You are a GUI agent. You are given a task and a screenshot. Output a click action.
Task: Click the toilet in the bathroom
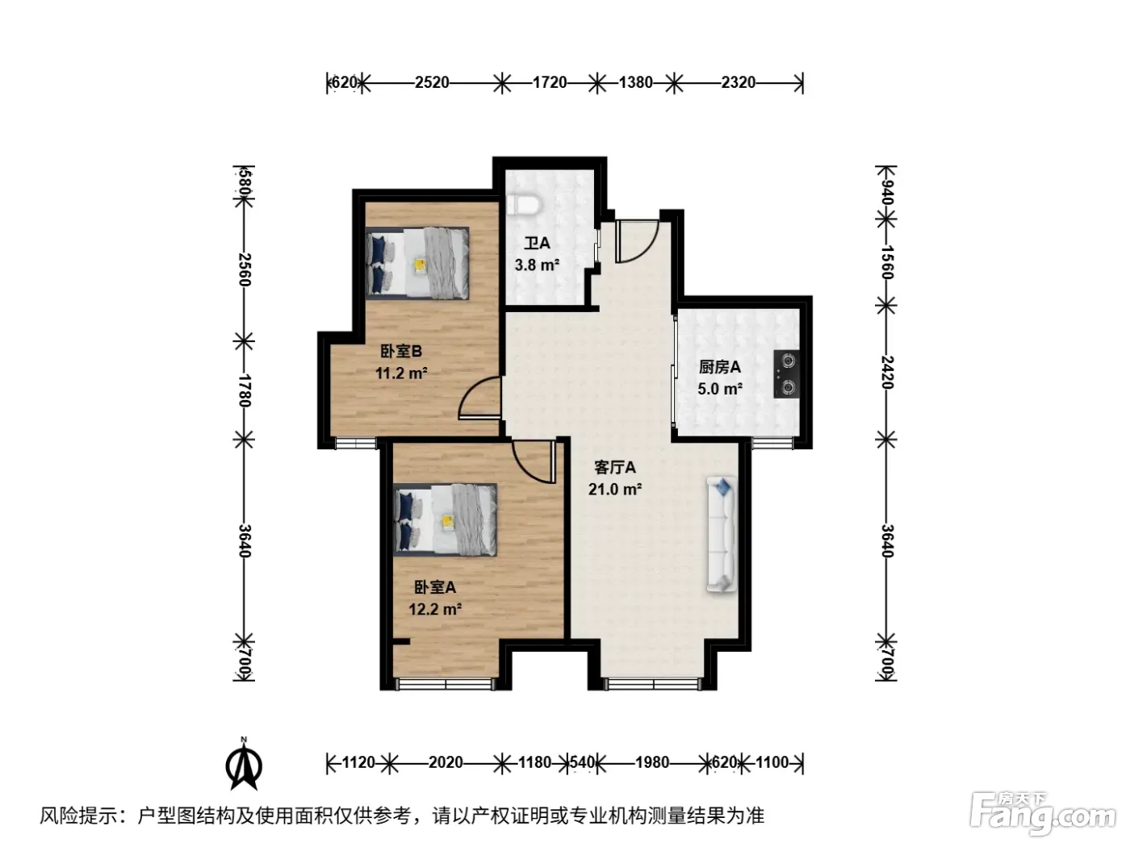tap(524, 205)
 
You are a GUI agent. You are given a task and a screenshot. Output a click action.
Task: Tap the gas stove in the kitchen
tap(787, 373)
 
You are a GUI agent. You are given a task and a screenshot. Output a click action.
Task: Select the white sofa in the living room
tap(722, 534)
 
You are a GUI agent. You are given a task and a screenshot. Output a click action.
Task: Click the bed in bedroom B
tap(417, 263)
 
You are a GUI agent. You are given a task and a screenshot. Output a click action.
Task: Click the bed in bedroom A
tap(446, 519)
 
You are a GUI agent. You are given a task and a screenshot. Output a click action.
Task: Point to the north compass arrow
tap(244, 766)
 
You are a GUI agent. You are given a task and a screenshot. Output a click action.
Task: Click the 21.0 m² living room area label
tap(615, 489)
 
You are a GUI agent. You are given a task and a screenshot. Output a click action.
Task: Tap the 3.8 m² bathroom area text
tap(537, 265)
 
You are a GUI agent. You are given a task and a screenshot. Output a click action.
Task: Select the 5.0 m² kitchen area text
tap(720, 389)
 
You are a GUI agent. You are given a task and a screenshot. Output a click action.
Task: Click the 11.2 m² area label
tap(401, 373)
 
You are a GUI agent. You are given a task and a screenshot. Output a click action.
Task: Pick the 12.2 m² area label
tap(435, 609)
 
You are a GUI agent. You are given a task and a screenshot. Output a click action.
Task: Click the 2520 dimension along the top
tap(432, 82)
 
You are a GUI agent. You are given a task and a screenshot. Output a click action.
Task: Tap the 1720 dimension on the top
tap(550, 82)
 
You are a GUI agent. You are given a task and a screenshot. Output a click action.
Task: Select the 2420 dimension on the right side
tap(886, 372)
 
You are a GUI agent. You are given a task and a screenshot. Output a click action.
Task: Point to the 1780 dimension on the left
tap(244, 390)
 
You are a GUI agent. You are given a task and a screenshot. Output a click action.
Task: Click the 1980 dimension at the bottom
tap(652, 762)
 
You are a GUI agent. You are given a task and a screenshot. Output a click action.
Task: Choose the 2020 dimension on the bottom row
tap(446, 762)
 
